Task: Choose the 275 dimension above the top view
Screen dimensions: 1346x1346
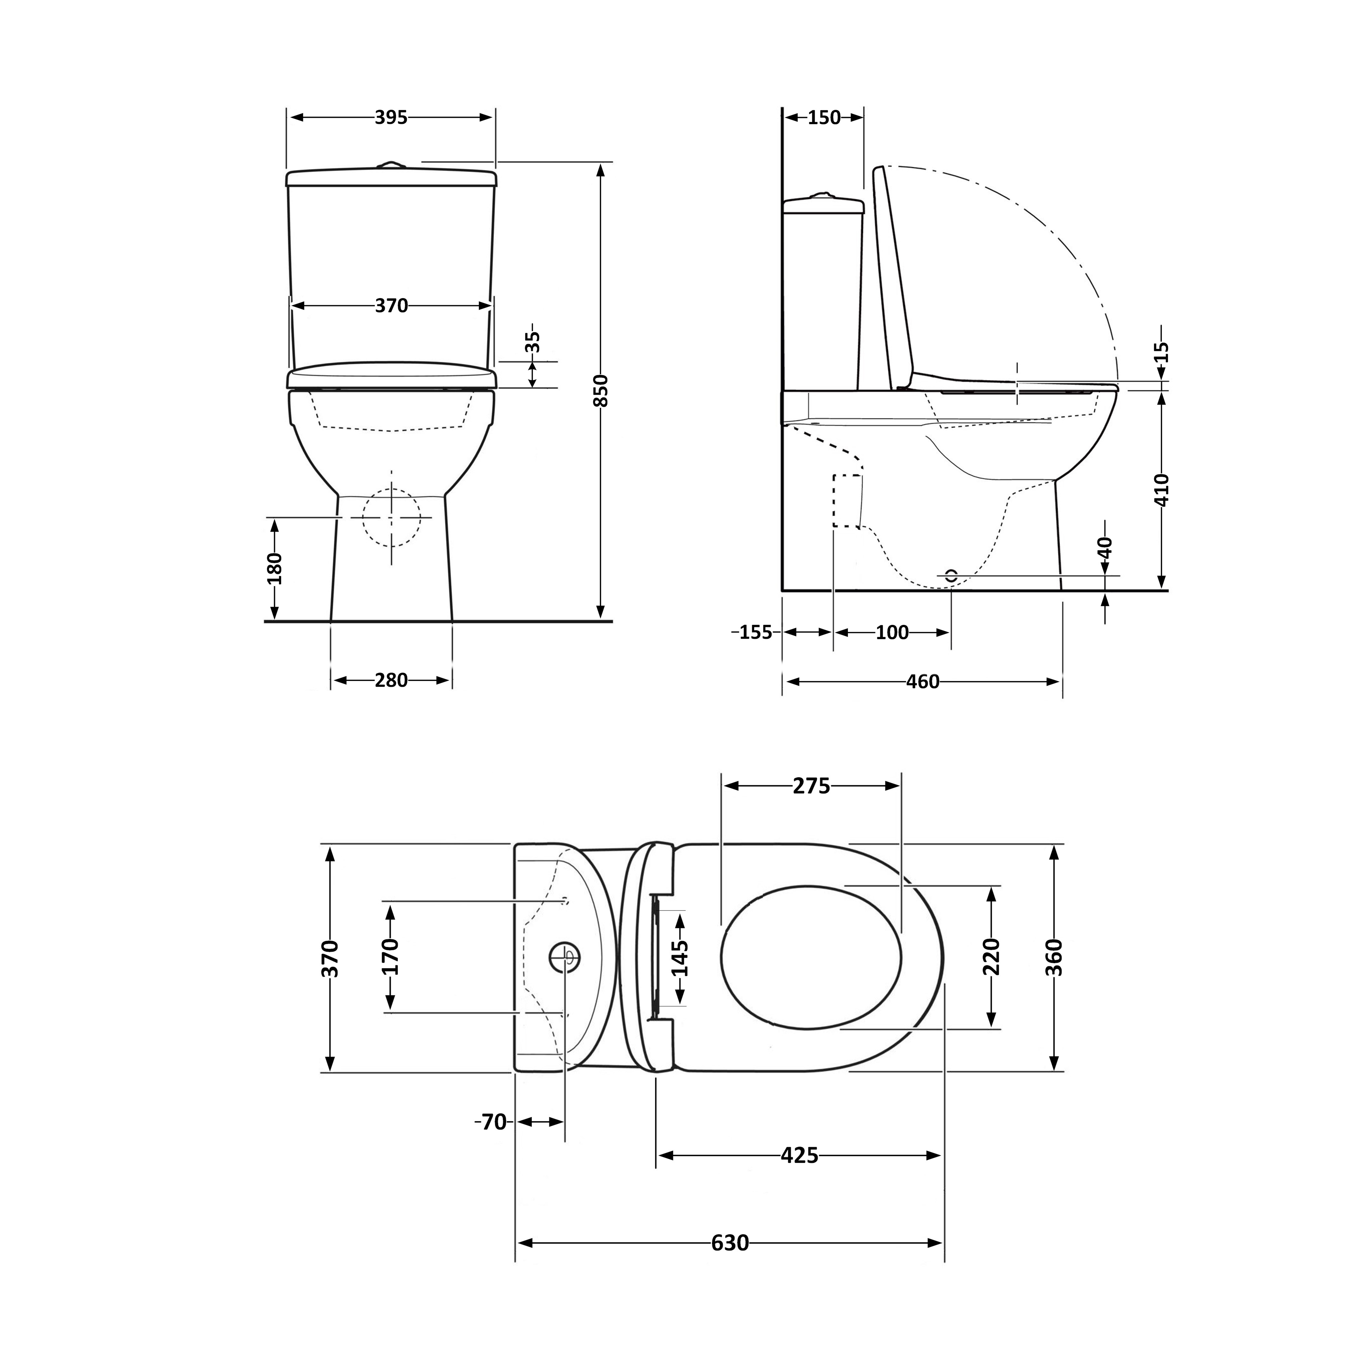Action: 812,786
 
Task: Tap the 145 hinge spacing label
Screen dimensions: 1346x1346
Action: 681,958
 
